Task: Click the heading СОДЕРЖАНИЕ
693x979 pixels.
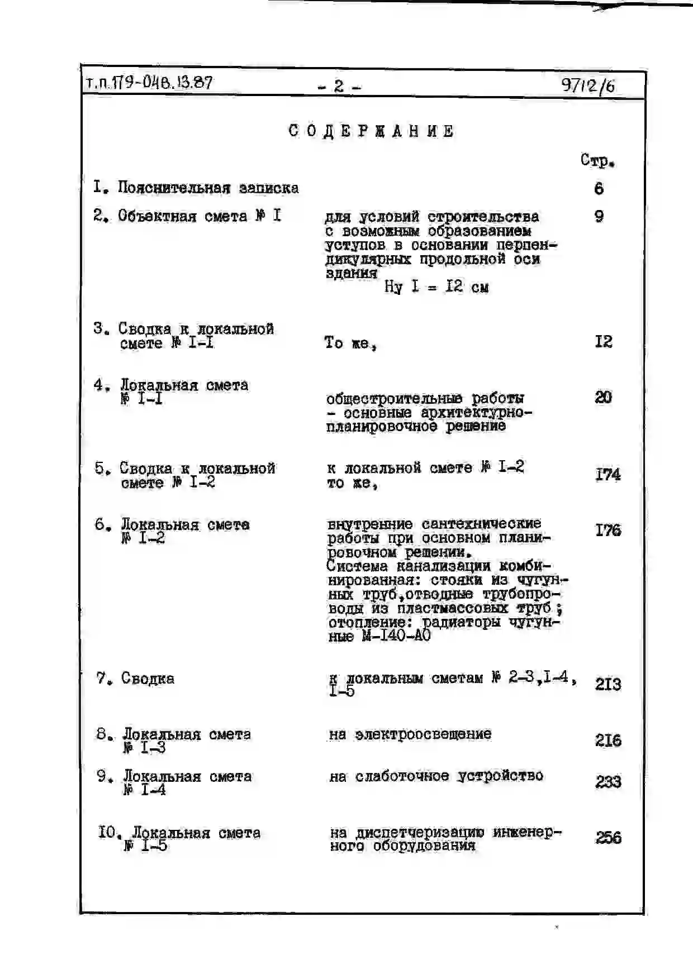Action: click(x=371, y=131)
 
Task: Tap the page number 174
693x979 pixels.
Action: click(x=607, y=475)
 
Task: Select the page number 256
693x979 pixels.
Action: click(x=608, y=837)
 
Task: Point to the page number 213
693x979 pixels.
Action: click(x=607, y=684)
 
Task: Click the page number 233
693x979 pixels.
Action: click(x=608, y=781)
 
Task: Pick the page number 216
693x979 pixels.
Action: click(x=608, y=740)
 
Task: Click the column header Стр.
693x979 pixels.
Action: click(x=597, y=161)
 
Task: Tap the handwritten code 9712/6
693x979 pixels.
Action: click(x=587, y=85)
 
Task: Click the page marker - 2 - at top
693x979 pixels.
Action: click(x=339, y=86)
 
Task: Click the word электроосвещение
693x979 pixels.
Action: click(x=423, y=734)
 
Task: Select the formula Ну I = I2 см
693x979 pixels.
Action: click(x=436, y=287)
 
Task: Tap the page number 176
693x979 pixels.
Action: click(x=607, y=530)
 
